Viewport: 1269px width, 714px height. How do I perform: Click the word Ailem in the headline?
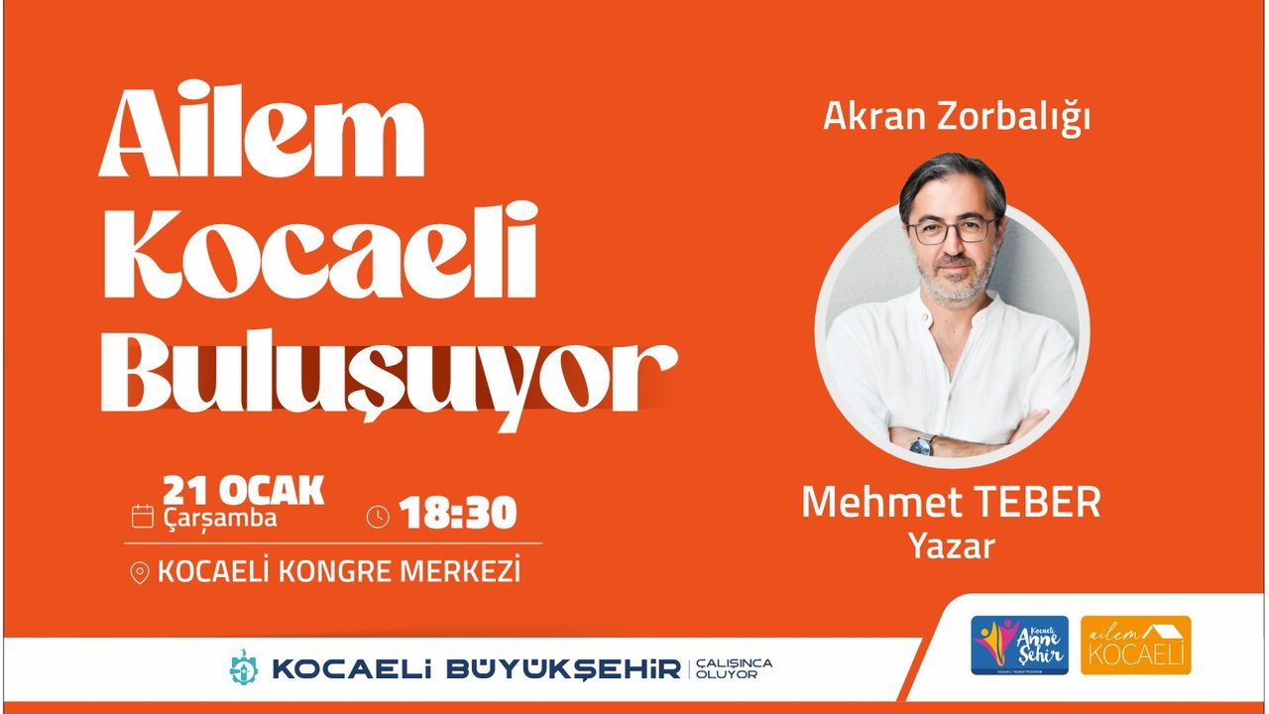[x=262, y=138]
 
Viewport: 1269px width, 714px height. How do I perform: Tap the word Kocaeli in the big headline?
[x=317, y=253]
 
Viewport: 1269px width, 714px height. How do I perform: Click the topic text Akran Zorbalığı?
[x=956, y=117]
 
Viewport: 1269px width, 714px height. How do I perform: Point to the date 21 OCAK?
[x=243, y=491]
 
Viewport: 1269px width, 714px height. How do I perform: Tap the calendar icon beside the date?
[x=143, y=515]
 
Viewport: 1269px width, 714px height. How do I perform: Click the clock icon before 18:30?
[x=378, y=516]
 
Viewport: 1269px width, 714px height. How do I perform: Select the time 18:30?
[x=458, y=514]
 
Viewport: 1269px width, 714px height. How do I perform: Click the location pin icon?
[x=140, y=573]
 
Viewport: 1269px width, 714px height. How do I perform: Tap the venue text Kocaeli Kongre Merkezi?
[x=339, y=572]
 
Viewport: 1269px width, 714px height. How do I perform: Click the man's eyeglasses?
[x=952, y=230]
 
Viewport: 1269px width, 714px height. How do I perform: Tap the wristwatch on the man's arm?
[x=922, y=444]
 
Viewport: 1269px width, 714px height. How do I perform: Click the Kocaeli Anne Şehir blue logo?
[x=1019, y=646]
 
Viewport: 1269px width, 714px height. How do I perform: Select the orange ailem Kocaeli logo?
[x=1135, y=646]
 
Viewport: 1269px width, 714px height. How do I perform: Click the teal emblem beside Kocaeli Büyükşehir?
[x=243, y=667]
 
